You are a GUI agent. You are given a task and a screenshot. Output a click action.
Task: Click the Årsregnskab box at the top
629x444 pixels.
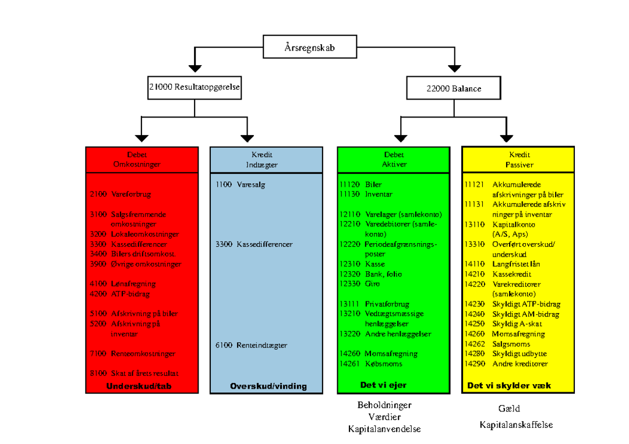pyautogui.click(x=310, y=47)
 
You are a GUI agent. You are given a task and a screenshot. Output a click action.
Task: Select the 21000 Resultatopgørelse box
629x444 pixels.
pyautogui.click(x=195, y=88)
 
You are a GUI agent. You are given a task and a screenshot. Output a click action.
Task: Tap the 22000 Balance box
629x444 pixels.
pyautogui.click(x=454, y=88)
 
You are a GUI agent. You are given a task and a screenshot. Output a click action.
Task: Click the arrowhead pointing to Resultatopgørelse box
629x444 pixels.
pyautogui.click(x=195, y=69)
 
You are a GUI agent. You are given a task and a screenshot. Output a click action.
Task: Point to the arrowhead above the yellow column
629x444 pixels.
pyautogui.click(x=507, y=138)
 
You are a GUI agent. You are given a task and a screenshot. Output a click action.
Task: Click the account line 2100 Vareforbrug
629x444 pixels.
pyautogui.click(x=121, y=194)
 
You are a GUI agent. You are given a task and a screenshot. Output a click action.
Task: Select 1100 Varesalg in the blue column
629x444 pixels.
pyautogui.click(x=241, y=184)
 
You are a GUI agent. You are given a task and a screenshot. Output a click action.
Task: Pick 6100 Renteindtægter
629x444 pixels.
pyautogui.click(x=251, y=345)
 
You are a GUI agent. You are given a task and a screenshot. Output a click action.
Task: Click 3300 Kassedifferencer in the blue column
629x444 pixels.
pyautogui.click(x=254, y=244)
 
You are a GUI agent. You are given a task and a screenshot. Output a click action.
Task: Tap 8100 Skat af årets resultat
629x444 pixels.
pyautogui.click(x=134, y=373)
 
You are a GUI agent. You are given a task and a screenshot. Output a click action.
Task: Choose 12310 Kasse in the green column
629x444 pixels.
pyautogui.click(x=362, y=264)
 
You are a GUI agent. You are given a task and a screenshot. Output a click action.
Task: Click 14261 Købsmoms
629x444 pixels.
pyautogui.click(x=370, y=364)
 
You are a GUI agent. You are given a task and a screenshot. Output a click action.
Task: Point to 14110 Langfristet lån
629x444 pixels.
pyautogui.click(x=502, y=264)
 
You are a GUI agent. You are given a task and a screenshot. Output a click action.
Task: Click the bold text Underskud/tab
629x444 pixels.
pyautogui.click(x=139, y=386)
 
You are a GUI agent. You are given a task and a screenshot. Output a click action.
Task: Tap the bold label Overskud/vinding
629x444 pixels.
pyautogui.click(x=268, y=386)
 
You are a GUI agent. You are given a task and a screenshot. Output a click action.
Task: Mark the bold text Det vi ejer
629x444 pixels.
pyautogui.click(x=383, y=385)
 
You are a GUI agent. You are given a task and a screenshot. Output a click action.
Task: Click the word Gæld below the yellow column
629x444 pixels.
pyautogui.click(x=509, y=409)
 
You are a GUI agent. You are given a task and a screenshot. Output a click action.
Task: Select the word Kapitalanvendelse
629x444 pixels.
pyautogui.click(x=384, y=429)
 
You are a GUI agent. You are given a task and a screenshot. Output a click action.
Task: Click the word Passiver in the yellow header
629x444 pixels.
pyautogui.click(x=520, y=165)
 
